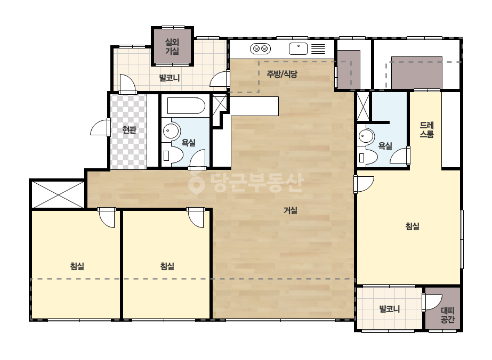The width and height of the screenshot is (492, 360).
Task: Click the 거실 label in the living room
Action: [290, 210]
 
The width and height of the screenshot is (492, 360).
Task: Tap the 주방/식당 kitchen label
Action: [282, 74]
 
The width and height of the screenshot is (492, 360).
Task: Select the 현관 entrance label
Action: [130, 130]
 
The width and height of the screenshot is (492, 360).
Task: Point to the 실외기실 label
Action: [172, 46]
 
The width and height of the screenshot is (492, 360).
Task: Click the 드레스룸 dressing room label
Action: [427, 130]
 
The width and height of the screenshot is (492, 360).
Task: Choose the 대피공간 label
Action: [447, 315]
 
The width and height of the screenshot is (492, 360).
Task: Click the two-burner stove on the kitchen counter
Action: [261, 48]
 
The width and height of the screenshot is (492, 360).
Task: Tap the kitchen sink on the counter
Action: [298, 48]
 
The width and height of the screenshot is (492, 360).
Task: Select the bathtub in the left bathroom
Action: [186, 105]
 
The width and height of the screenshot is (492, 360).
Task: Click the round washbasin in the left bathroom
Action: [171, 130]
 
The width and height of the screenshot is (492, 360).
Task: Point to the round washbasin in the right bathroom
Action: [366, 136]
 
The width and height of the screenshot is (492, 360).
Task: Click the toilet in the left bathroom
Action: [173, 155]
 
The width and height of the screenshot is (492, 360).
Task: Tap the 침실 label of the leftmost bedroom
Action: [77, 266]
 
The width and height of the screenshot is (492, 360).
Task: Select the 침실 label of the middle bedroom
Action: [167, 266]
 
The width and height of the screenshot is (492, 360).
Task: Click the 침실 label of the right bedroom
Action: [412, 226]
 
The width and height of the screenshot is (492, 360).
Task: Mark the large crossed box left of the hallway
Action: [58, 194]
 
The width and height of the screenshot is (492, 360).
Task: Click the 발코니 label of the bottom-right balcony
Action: [390, 309]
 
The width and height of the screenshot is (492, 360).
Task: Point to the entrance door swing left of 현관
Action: [100, 128]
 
